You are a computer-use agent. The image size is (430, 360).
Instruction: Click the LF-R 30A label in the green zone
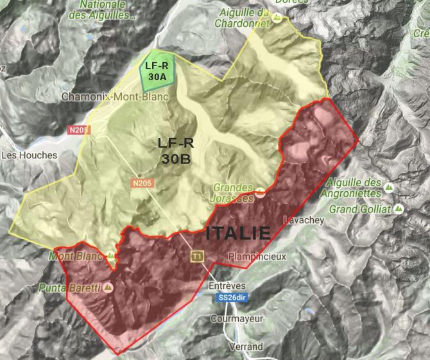click(157, 70)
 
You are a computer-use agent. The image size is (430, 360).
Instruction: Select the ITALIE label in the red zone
click(238, 233)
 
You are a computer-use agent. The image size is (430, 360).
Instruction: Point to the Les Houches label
click(29, 155)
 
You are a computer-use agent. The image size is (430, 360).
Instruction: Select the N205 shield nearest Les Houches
click(78, 130)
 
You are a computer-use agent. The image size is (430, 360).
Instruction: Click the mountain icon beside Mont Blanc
click(112, 256)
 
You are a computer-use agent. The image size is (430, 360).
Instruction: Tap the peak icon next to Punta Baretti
click(108, 287)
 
